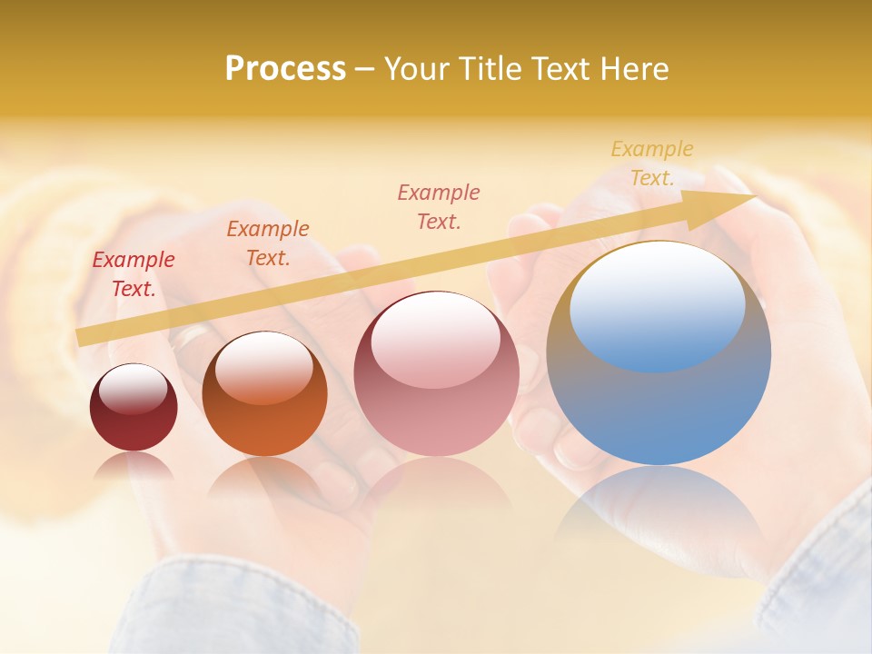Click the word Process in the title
coord(285,68)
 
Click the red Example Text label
coord(134,274)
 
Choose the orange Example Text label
coord(268,243)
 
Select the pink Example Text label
coord(439,206)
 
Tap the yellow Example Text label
coord(652,163)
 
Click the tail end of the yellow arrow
coord(82,337)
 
